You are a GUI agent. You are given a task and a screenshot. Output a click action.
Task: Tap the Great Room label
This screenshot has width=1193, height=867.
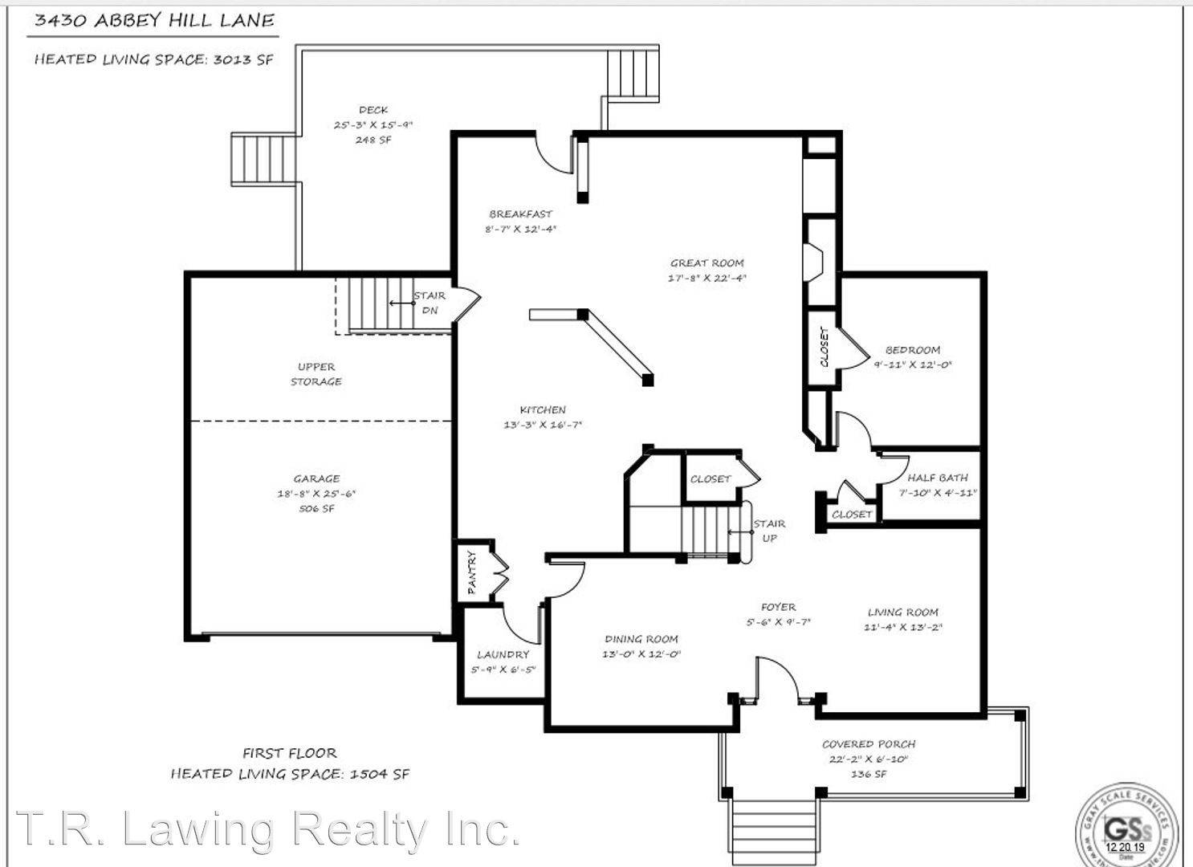[x=706, y=263]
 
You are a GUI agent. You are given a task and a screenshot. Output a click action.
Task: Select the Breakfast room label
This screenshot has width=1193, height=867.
[x=520, y=214]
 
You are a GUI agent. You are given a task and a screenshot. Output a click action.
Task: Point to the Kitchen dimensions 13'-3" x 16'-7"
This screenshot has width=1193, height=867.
[x=542, y=425]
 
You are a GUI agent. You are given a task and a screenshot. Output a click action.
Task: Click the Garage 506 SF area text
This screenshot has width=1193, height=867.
[x=316, y=509]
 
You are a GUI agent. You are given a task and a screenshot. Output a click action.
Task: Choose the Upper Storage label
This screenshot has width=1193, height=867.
[x=316, y=374]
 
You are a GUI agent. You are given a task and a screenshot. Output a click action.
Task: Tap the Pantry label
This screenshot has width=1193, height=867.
[x=472, y=572]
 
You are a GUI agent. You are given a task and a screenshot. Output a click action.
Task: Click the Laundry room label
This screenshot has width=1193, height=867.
[x=503, y=654]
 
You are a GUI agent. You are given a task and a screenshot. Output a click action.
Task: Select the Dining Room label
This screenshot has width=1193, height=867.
[x=641, y=639]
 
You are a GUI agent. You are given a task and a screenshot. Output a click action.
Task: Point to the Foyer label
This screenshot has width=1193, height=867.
[x=778, y=607]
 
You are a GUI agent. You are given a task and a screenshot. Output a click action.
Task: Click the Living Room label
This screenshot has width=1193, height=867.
[x=902, y=612]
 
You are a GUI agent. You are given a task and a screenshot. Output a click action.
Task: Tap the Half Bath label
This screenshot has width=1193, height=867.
[x=938, y=478]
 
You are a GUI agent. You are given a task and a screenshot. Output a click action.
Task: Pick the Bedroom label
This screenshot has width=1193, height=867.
[x=912, y=350]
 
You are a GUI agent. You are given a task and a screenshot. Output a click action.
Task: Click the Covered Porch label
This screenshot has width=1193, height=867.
[x=869, y=744]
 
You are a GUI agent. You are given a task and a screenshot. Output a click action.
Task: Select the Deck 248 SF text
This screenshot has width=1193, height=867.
[x=373, y=140]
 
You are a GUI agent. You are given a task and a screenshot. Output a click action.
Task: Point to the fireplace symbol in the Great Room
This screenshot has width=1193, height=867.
[x=812, y=262]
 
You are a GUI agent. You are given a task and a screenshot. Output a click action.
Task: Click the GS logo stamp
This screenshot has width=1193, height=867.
[x=1127, y=827]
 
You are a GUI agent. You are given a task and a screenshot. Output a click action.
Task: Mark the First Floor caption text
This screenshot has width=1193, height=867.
[x=290, y=753]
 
